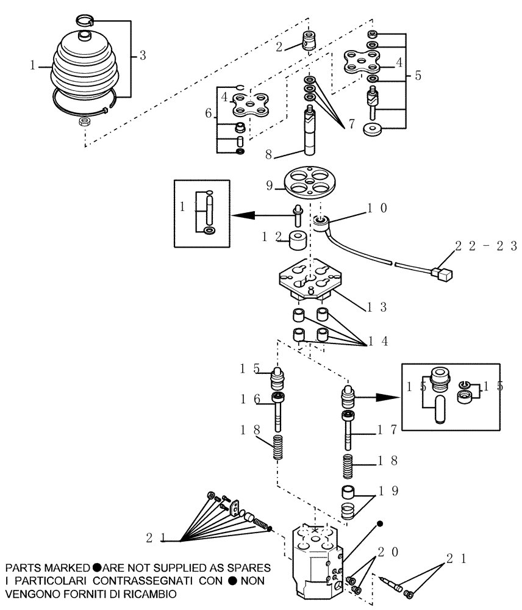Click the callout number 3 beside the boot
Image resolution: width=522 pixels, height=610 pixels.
click(141, 56)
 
